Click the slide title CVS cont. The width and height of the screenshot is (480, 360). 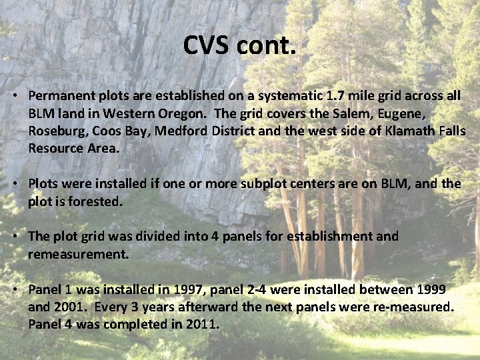239,46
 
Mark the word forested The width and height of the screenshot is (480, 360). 97,201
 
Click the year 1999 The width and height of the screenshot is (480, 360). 429,289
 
